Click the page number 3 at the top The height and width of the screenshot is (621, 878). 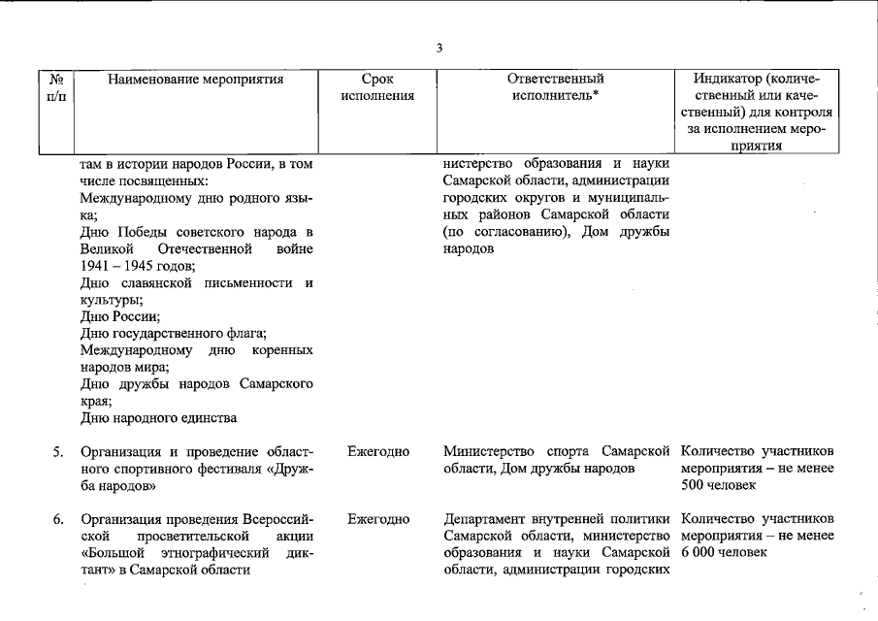click(x=439, y=49)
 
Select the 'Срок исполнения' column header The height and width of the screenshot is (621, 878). click(x=377, y=88)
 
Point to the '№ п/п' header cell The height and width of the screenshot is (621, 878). click(x=56, y=88)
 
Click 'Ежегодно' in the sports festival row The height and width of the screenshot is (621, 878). click(x=377, y=452)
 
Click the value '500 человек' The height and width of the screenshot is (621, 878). click(x=717, y=485)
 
